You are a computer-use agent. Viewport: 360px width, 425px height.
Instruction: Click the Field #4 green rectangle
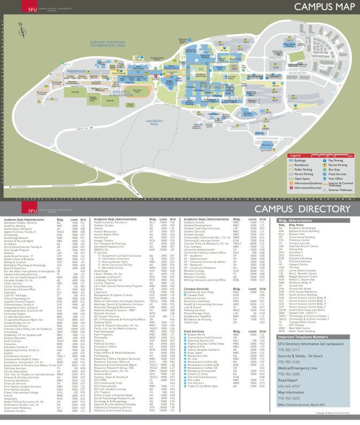[x=74, y=92]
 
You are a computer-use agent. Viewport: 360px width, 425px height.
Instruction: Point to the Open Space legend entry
[x=302, y=179]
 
